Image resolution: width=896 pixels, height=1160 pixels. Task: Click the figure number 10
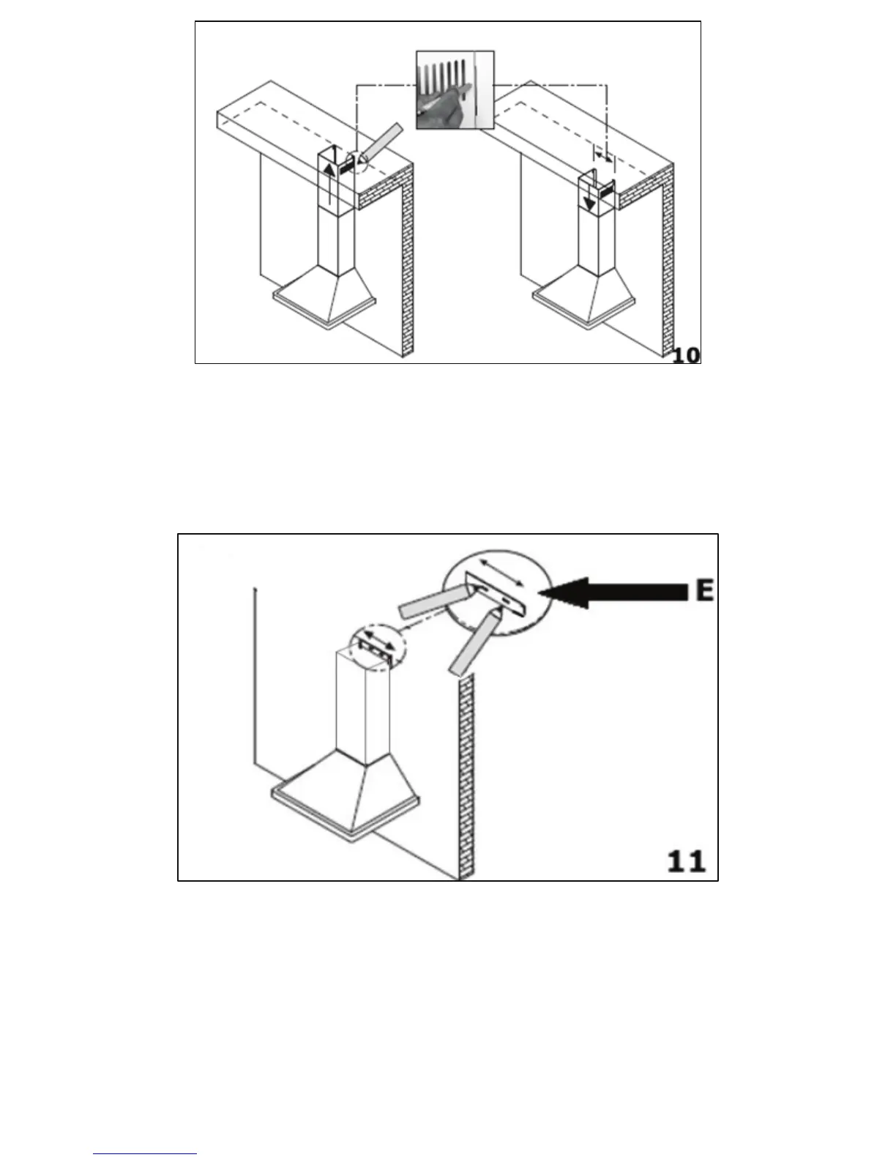tap(685, 354)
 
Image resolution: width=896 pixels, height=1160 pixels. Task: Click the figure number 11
tap(686, 860)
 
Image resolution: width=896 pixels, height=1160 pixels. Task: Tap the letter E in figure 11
tap(704, 590)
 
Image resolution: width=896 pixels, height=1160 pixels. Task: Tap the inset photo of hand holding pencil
tap(455, 90)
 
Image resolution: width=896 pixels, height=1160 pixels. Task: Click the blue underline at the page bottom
tap(145, 1155)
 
